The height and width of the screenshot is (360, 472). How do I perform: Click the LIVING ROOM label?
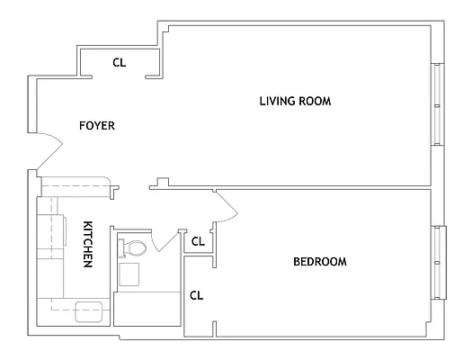(x=295, y=101)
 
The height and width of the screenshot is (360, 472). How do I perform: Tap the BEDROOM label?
(x=320, y=262)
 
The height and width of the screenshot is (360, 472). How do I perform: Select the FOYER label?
(x=97, y=125)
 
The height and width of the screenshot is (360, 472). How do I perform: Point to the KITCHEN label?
(x=87, y=244)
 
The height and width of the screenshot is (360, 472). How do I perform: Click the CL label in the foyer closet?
(x=120, y=62)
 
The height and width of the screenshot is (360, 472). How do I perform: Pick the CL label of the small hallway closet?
(x=198, y=241)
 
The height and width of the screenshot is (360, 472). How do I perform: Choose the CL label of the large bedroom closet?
(x=197, y=295)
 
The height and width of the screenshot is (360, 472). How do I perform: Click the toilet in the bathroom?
(x=132, y=247)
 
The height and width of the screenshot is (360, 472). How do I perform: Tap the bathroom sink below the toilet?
(x=129, y=274)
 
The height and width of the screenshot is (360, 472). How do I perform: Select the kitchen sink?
(x=89, y=311)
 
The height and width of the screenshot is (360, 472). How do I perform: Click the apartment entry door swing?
(x=50, y=150)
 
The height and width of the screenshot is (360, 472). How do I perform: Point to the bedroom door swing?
(x=227, y=207)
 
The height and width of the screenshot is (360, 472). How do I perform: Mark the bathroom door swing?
(x=165, y=241)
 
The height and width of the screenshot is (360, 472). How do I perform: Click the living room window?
(x=438, y=104)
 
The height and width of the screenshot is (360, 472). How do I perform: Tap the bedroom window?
(x=439, y=263)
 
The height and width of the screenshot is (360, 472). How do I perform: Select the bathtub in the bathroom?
(x=147, y=309)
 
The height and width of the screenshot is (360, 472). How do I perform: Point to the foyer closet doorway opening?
(x=119, y=77)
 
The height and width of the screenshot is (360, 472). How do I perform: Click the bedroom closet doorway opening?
(x=215, y=294)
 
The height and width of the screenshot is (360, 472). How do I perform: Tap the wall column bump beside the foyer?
(x=163, y=183)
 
